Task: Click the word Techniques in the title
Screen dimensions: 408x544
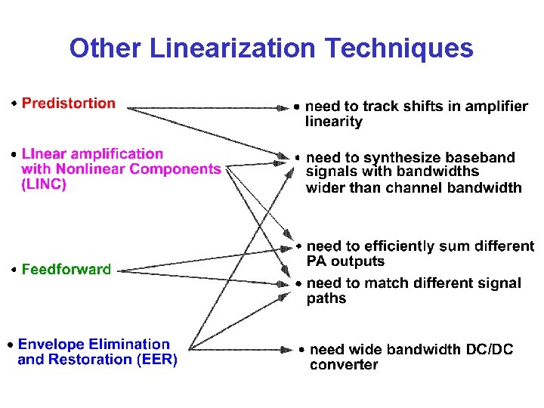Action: [399, 49]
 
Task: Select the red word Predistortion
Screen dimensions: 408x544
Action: [69, 104]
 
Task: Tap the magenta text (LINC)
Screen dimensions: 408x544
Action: [44, 184]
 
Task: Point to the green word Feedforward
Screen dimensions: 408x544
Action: [66, 270]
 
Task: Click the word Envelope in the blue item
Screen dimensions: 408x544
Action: [51, 345]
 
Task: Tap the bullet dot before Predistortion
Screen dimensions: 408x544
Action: [14, 104]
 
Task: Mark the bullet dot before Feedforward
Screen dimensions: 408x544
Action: [14, 270]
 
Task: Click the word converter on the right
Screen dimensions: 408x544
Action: [344, 365]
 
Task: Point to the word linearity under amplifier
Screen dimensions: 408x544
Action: [334, 122]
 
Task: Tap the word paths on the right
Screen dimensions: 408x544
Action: [326, 298]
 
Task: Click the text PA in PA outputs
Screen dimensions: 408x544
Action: [316, 261]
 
